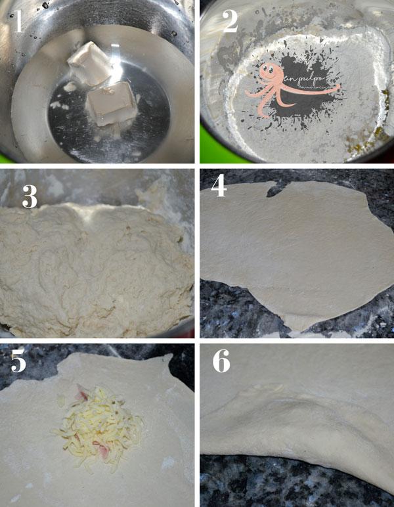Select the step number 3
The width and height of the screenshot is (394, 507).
click(x=30, y=196)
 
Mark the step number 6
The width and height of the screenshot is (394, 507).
click(x=221, y=362)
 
